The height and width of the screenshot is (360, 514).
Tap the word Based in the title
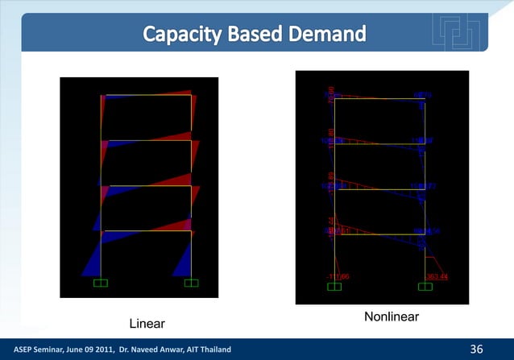coord(257,35)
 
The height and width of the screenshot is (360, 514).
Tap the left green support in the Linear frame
coord(102,283)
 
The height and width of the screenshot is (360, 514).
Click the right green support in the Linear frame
coord(191,283)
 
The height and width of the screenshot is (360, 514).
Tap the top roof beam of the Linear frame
coord(146,95)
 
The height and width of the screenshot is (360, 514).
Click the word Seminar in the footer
coord(42,350)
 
